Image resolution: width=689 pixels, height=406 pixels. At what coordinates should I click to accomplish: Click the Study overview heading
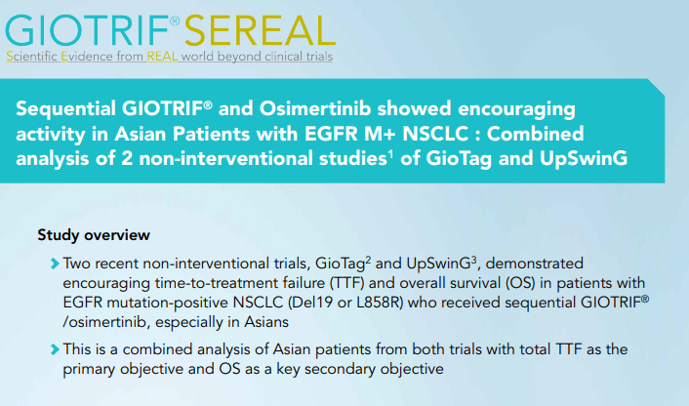point(94,235)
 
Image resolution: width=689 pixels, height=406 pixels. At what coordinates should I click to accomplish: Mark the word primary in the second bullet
point(90,370)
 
